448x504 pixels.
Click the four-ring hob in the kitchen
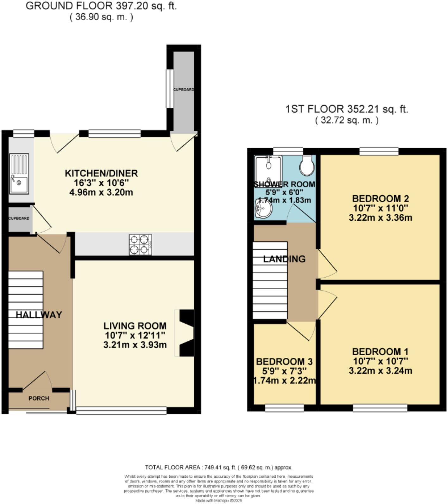pos(140,245)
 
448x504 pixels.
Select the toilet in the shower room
pos(307,165)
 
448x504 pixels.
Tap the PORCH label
pos(39,398)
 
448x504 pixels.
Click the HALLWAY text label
pos(39,315)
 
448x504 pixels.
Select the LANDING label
pos(284,259)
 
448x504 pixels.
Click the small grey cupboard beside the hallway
pos(19,218)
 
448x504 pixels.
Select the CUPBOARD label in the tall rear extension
pos(184,90)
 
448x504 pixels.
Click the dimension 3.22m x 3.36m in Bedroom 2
pos(380,218)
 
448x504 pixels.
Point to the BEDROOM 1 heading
pos(380,352)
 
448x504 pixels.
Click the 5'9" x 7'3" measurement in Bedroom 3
pos(284,371)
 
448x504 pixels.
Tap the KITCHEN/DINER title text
pos(101,173)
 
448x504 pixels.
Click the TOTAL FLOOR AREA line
pos(219,467)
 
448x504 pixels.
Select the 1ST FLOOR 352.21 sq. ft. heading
pos(347,109)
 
